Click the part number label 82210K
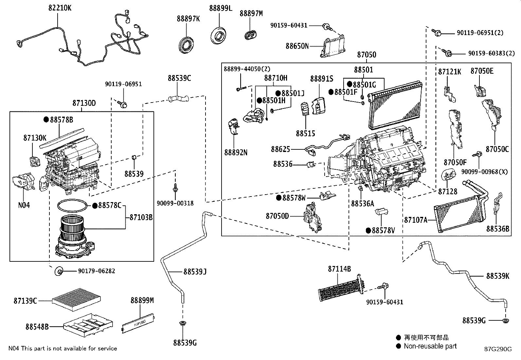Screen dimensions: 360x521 click(x=60, y=8)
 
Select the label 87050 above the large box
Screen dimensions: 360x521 click(x=366, y=55)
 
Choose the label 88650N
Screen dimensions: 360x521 click(x=297, y=46)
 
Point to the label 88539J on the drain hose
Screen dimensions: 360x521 click(x=195, y=272)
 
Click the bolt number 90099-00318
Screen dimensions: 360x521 click(x=175, y=203)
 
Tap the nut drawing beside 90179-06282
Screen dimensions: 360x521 click(x=59, y=271)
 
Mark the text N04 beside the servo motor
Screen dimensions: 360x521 click(x=24, y=205)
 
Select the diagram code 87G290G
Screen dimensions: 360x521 click(x=498, y=349)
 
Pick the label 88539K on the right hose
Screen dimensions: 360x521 click(x=497, y=276)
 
